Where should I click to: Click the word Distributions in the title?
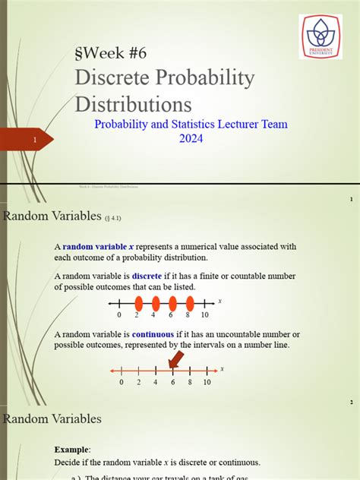pos(133,104)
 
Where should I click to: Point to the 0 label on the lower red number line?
pos(121,382)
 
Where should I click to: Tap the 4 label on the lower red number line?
pos(155,382)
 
